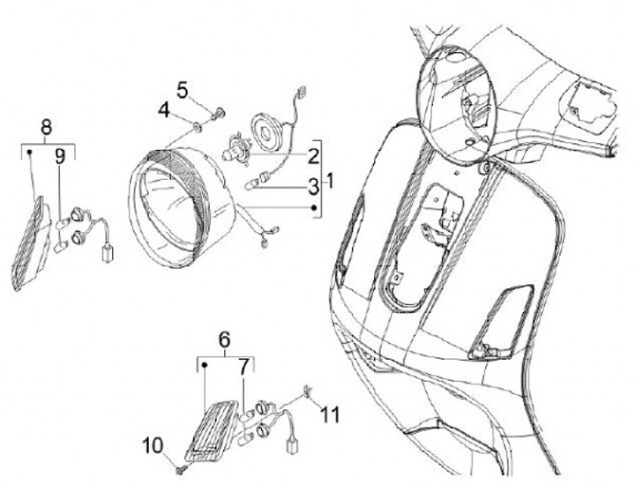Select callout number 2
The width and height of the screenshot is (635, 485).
312,157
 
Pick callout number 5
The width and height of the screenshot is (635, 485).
183,90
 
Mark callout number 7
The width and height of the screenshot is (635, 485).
244,365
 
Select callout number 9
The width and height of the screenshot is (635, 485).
59,157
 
